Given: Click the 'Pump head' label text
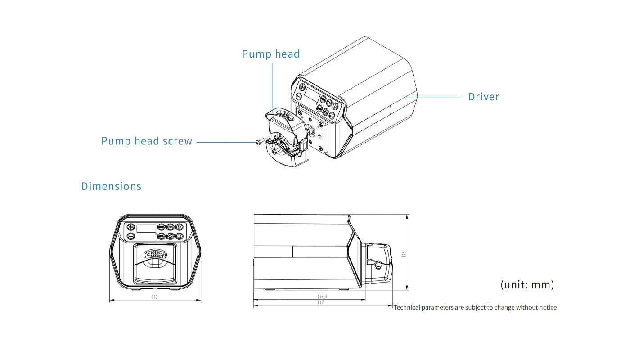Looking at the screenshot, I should tap(270, 54).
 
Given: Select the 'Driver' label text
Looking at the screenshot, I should tap(484, 97).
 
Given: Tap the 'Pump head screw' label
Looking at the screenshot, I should tap(147, 141).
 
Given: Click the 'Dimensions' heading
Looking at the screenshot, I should tap(111, 186).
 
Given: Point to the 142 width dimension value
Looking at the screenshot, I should tap(155, 297).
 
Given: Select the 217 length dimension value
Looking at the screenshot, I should tap(320, 303).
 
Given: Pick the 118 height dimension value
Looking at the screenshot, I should tap(404, 254).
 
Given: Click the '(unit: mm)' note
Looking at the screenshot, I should tap(527, 284).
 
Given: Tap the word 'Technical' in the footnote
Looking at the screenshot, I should tap(407, 308).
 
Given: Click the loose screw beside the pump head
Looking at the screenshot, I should tap(259, 142).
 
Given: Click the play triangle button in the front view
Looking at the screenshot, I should tap(179, 227).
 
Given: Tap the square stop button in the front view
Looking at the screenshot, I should tap(179, 236).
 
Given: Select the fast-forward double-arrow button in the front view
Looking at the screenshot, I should tap(170, 227).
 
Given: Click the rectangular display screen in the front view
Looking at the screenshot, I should tap(146, 228).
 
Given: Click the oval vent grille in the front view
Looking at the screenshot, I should tap(155, 254).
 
